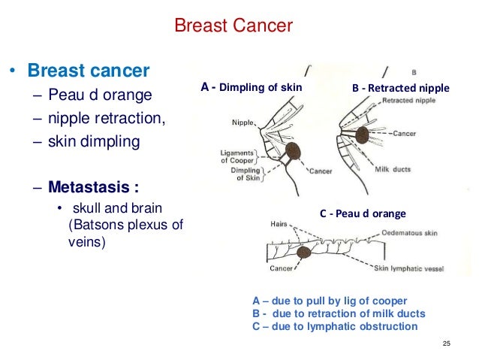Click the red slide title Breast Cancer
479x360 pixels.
pos(233,28)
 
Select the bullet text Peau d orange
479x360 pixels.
pos(102,96)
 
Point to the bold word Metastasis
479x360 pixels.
pos(92,184)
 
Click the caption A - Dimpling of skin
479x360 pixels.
pos(251,87)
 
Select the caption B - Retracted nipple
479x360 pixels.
pos(400,88)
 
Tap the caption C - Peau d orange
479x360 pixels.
pos(363,213)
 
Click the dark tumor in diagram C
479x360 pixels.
pos(303,253)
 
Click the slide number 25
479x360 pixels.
pos(446,343)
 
